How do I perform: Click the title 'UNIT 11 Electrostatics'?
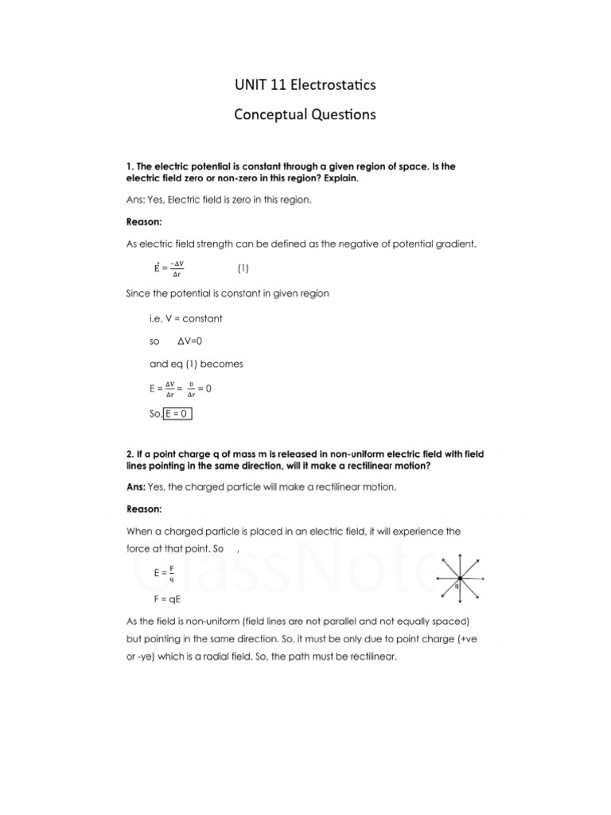click(305, 85)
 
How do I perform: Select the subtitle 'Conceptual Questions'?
click(305, 115)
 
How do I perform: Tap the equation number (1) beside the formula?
click(243, 268)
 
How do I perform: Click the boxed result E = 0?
click(178, 414)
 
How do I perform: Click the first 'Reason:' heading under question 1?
click(146, 223)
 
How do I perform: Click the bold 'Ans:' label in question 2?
click(137, 485)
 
